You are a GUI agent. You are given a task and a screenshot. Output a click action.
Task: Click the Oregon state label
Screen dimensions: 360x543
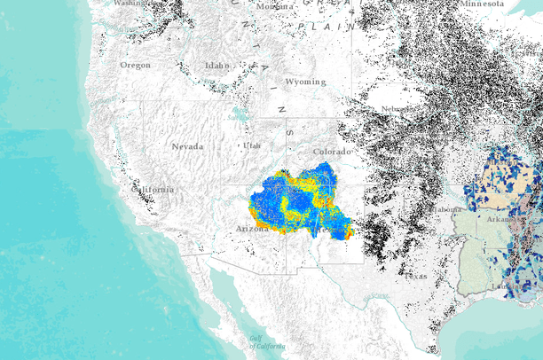click(136, 65)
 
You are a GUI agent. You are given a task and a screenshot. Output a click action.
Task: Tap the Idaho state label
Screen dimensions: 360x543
click(216, 65)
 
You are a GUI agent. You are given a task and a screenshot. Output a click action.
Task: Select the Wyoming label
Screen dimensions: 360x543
click(305, 82)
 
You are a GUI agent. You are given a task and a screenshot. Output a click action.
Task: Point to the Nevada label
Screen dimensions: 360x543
click(187, 146)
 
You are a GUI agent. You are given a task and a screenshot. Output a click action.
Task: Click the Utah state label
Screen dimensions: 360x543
click(252, 145)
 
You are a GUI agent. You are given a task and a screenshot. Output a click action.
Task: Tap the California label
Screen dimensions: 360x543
click(153, 189)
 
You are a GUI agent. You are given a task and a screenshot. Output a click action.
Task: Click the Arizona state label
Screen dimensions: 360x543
click(253, 228)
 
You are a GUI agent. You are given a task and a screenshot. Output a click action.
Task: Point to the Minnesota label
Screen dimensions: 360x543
click(482, 4)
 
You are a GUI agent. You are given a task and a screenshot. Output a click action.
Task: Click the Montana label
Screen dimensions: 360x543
click(275, 6)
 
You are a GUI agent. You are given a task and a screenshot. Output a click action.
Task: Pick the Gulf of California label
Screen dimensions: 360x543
click(266, 344)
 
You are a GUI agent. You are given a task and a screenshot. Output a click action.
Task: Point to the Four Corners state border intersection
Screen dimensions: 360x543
click(287, 185)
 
